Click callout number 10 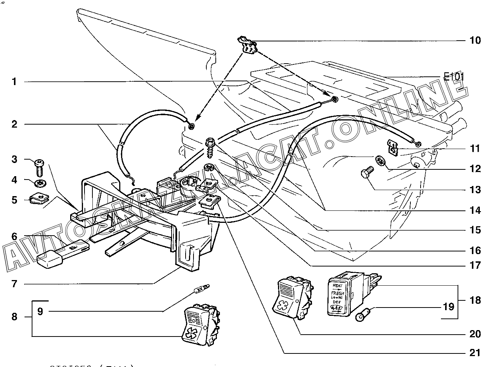[x=475, y=40]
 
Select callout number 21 [x=475, y=353]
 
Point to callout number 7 [x=14, y=283]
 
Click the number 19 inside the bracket [x=449, y=306]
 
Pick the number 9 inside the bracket [x=40, y=311]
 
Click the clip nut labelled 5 [x=37, y=198]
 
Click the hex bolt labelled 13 [x=367, y=174]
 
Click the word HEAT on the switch [x=337, y=286]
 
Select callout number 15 [x=475, y=230]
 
